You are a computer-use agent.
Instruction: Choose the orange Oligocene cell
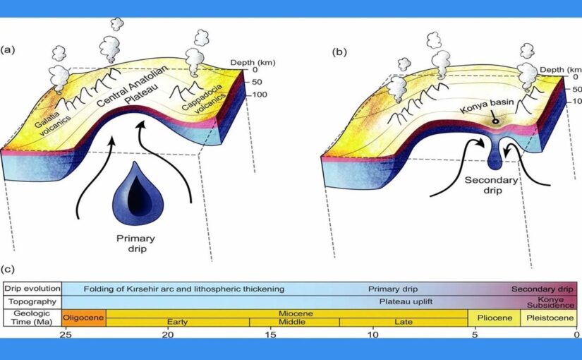tap(84, 318)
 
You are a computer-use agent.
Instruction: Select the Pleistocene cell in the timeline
tap(549, 318)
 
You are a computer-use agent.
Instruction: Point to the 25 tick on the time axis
tap(65, 335)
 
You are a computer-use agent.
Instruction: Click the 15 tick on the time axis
tap(270, 335)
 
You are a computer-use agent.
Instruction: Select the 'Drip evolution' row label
tap(32, 289)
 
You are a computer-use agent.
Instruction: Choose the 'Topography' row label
tap(32, 301)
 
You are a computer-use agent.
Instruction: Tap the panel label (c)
tap(8, 268)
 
